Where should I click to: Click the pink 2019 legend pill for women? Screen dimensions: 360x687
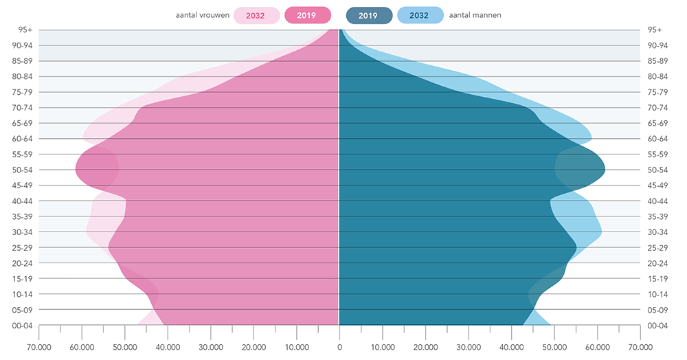pos(306,15)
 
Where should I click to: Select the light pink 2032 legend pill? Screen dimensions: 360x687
pos(256,15)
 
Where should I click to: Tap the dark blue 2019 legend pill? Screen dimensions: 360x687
pos(369,15)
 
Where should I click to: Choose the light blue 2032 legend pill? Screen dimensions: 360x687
pos(419,15)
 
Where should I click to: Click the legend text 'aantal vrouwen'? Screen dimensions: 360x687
pos(203,15)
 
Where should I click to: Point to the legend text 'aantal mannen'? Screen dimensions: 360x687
pos(475,15)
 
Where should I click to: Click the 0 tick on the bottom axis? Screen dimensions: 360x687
pos(339,346)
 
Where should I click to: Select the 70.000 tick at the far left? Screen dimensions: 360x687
pos(38,346)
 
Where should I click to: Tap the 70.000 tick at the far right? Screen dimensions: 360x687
pos(640,346)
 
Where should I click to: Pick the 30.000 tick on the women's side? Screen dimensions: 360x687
pos(210,346)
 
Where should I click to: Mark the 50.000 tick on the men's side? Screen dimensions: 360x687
pos(554,346)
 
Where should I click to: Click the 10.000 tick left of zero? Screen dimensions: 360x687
pos(296,346)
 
